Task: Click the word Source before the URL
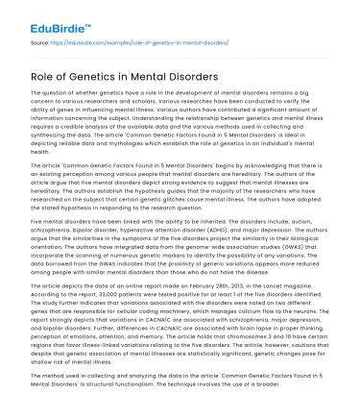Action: coord(42,43)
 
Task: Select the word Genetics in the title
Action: coord(103,77)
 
